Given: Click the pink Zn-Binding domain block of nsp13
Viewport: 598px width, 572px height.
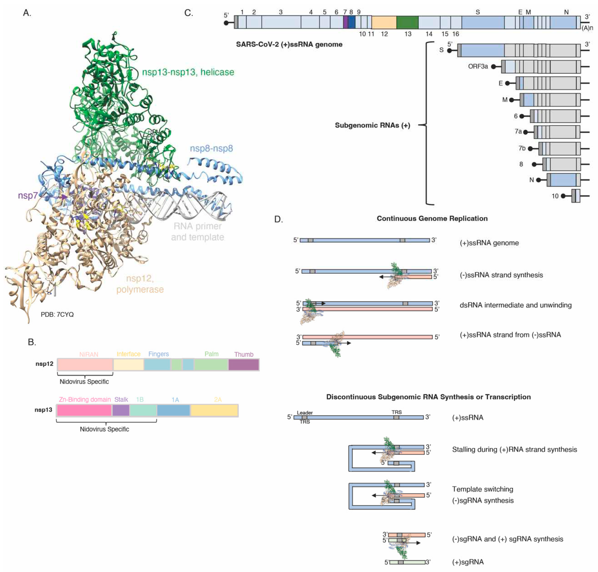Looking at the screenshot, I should pyautogui.click(x=84, y=410).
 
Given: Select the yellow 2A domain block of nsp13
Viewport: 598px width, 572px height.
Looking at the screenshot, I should pyautogui.click(x=214, y=410).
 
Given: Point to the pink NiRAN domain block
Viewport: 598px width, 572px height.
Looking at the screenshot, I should pyautogui.click(x=85, y=365).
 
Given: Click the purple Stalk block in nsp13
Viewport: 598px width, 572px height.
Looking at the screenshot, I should pyautogui.click(x=121, y=410).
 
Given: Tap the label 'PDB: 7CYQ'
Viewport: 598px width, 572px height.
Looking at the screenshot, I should pyautogui.click(x=57, y=314).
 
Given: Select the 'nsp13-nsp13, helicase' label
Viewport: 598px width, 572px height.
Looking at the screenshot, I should pyautogui.click(x=188, y=72).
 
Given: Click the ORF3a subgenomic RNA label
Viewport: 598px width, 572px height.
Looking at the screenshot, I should pyautogui.click(x=478, y=66).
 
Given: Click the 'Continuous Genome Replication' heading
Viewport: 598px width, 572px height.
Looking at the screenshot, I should pyautogui.click(x=432, y=219).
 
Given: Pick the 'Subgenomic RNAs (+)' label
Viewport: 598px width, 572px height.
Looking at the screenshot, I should pyautogui.click(x=372, y=125).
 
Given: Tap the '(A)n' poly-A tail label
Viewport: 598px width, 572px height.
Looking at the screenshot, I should pyautogui.click(x=587, y=28).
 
